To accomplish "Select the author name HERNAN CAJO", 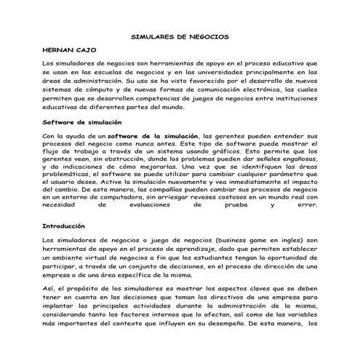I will [x=68, y=51].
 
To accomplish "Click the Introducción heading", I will [x=64, y=226].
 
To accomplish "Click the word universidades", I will [x=242, y=73].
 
